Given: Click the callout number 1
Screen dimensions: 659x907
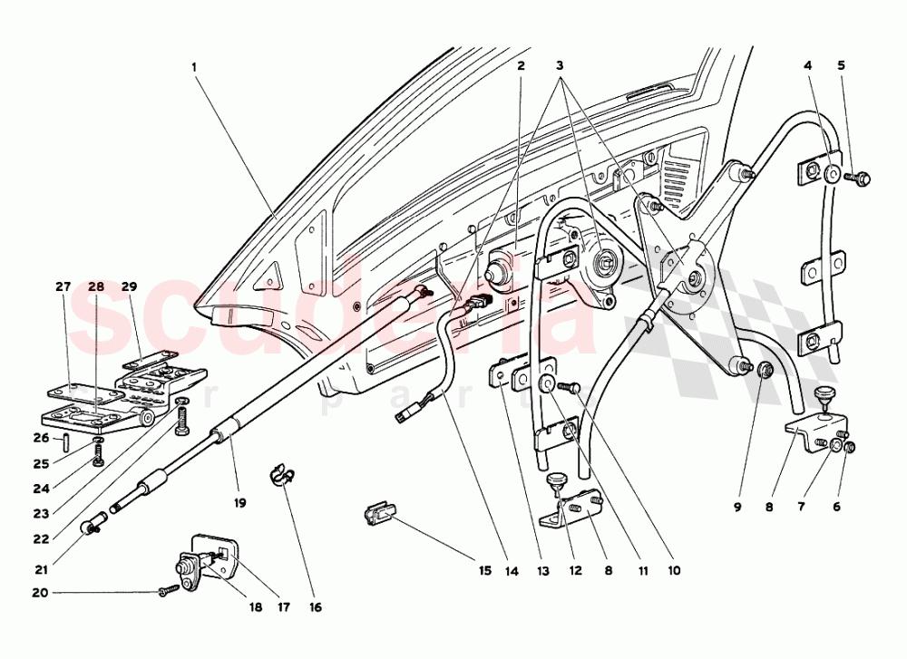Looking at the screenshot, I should coord(194,66).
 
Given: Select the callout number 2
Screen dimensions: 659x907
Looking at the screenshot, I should coord(521,66).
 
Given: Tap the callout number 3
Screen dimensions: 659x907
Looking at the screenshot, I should coord(561,66).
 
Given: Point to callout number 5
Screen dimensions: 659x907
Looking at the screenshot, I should coord(840,66).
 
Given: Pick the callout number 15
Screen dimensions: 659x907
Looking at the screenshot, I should coord(484,571).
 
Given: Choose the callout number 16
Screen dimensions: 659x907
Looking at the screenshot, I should coord(315,607).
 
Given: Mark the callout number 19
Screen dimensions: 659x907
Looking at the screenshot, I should coord(239,502).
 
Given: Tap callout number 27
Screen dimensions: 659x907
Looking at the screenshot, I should coord(63,286).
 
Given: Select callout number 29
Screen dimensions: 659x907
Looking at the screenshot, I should coord(128,286).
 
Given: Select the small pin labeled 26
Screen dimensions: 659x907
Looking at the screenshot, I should coord(68,441).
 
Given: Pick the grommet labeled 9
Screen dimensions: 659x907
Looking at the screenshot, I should coord(764,369).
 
